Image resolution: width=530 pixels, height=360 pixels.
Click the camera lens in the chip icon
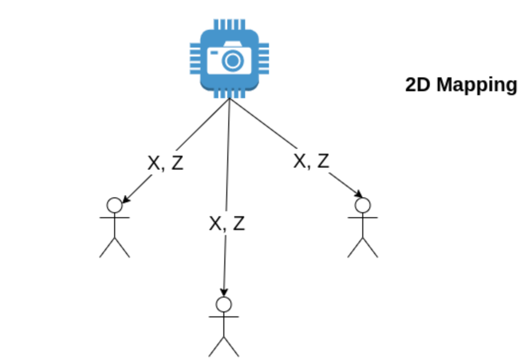[233, 61]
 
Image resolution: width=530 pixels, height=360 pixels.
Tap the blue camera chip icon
[229, 59]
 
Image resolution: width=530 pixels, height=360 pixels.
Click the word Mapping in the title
[477, 85]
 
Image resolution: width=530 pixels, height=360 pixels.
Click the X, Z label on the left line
[165, 163]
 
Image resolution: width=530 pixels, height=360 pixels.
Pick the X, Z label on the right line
[311, 161]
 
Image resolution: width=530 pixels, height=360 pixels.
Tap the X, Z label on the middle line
[227, 223]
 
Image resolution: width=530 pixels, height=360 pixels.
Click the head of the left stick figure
[115, 205]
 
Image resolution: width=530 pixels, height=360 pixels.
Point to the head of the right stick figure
[363, 205]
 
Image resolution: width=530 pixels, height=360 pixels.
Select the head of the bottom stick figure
[224, 304]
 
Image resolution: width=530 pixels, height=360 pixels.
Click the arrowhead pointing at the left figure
[126, 200]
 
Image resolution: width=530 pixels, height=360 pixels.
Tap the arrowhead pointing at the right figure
[359, 193]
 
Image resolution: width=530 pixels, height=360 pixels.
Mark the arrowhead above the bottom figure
[224, 293]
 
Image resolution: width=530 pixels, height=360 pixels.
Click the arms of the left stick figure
[115, 218]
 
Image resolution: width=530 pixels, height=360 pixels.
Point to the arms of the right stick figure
[363, 218]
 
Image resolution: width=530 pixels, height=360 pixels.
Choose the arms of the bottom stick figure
[224, 317]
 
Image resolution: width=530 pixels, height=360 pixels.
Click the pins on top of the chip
[229, 24]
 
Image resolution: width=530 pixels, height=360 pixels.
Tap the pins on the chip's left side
[195, 59]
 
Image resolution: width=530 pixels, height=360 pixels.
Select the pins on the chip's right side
[264, 59]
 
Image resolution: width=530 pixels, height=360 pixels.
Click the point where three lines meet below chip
[229, 99]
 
